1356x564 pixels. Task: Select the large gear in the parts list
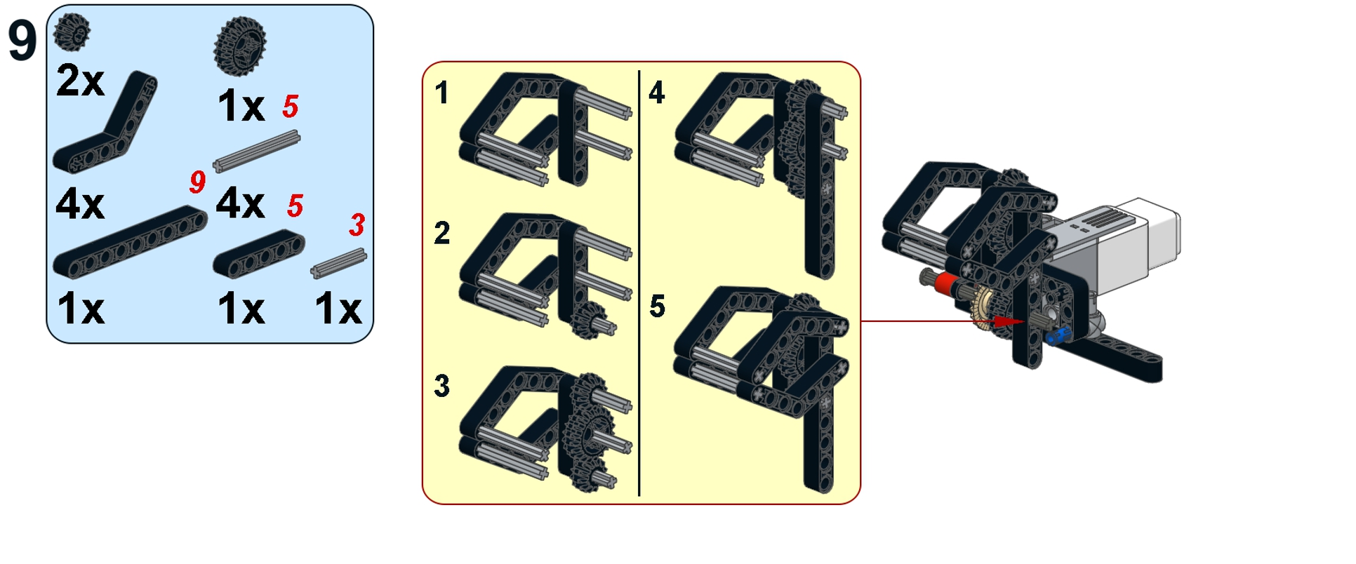pos(240,46)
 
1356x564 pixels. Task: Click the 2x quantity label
pos(80,81)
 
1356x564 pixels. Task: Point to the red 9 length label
pos(197,182)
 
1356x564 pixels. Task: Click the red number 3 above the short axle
pos(357,225)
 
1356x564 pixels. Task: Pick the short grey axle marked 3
pos(338,263)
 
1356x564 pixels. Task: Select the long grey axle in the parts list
pos(256,151)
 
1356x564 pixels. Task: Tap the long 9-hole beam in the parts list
pos(130,242)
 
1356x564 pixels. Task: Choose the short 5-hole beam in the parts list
pos(259,253)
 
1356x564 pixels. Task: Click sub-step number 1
pos(441,93)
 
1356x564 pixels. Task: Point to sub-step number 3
pos(441,385)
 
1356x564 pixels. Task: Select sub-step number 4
pos(656,93)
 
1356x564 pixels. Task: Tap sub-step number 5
pos(657,307)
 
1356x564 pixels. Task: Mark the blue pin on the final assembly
pos(1056,336)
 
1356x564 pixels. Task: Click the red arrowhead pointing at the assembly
pos(1009,321)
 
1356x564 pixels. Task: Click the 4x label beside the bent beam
pos(80,204)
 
